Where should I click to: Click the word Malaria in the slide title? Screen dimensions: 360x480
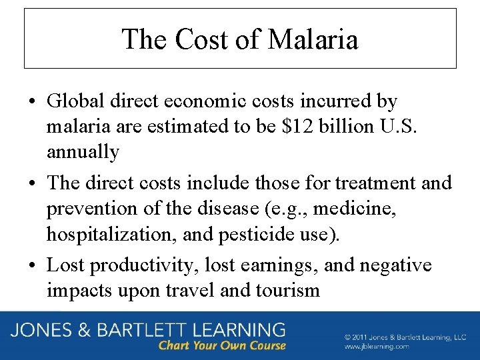313,39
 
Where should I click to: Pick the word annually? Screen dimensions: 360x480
83,153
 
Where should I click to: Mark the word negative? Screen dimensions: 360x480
395,265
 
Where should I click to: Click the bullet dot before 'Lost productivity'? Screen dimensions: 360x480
32,265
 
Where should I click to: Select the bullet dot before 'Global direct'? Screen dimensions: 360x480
32,102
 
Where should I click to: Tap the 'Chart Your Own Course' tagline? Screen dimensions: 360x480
222,345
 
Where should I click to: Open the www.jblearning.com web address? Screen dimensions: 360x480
377,347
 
